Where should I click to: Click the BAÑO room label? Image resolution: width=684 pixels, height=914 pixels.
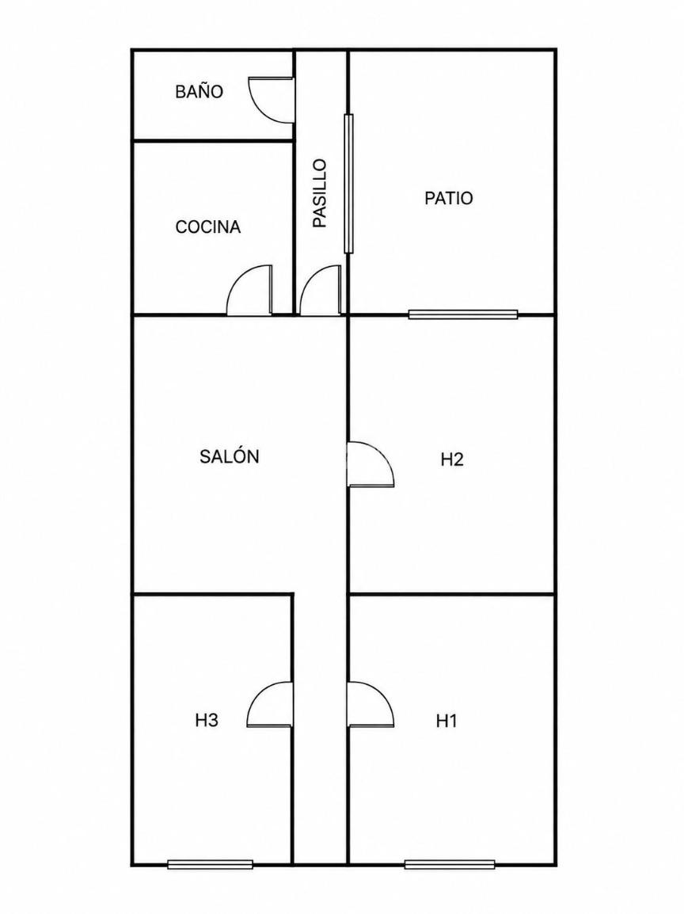(x=199, y=92)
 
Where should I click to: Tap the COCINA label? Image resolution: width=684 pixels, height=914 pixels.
(x=208, y=227)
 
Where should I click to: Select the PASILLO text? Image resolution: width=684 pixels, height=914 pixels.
(x=320, y=193)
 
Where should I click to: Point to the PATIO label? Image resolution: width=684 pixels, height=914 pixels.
(x=449, y=198)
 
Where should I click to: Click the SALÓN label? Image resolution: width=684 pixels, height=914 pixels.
(x=230, y=456)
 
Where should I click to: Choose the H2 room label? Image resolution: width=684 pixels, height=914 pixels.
(x=452, y=460)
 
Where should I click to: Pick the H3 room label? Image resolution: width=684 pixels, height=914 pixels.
(x=207, y=721)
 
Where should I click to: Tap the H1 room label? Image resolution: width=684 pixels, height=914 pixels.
(x=446, y=721)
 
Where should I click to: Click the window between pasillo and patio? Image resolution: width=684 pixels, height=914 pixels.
(x=348, y=184)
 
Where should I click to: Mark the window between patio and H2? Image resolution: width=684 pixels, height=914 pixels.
(x=463, y=314)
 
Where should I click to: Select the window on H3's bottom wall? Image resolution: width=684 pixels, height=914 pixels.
(x=211, y=864)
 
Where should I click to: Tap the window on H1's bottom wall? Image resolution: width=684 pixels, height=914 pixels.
(x=450, y=864)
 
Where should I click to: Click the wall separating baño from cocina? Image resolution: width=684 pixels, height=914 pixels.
(x=213, y=140)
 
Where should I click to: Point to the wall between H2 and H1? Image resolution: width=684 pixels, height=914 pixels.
(x=451, y=594)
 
